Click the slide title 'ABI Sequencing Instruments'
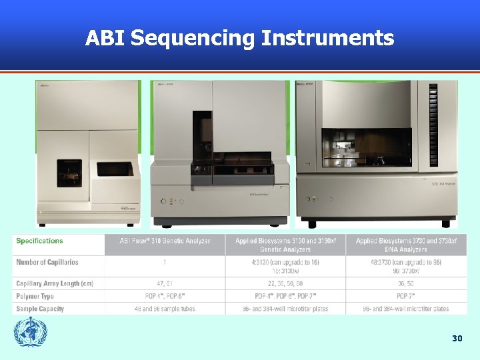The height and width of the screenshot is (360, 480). click(239, 38)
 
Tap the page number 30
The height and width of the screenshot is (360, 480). click(457, 339)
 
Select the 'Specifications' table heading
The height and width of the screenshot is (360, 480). click(39, 241)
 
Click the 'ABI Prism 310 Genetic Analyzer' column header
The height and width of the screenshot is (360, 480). click(165, 241)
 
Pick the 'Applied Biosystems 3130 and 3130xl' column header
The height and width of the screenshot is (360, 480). click(285, 245)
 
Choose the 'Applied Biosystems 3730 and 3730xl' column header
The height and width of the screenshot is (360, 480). click(406, 245)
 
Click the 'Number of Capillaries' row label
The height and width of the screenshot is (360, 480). click(47, 263)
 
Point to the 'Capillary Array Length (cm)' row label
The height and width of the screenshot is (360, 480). click(55, 284)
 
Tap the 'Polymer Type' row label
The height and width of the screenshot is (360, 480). click(35, 296)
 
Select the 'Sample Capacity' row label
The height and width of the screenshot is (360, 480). click(40, 309)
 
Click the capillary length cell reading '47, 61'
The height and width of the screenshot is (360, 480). click(164, 284)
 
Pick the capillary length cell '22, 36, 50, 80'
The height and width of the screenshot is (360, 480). click(285, 284)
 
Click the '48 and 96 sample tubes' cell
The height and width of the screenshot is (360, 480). click(164, 309)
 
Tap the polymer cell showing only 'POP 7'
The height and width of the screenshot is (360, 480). click(406, 296)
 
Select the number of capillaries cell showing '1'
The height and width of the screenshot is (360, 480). click(164, 263)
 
